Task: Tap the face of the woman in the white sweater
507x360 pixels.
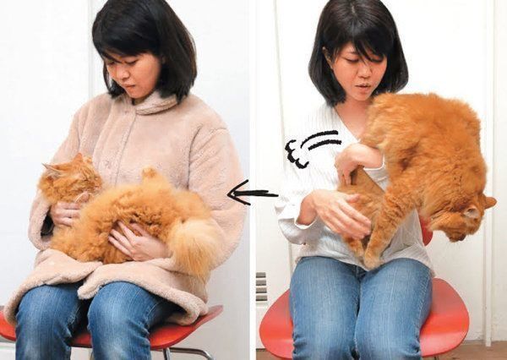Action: coord(356,72)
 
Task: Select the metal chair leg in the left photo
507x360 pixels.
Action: coord(199,352)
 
